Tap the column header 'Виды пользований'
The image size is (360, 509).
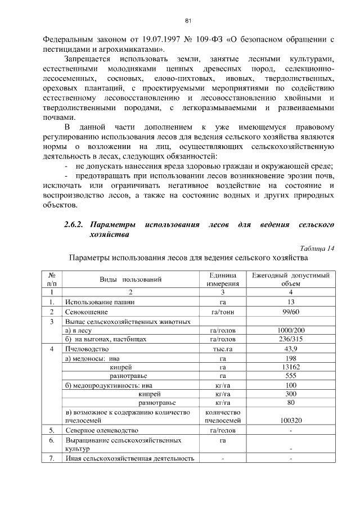tap(130, 279)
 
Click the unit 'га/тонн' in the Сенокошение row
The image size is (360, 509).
tap(223, 312)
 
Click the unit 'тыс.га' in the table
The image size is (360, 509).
tap(223, 349)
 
